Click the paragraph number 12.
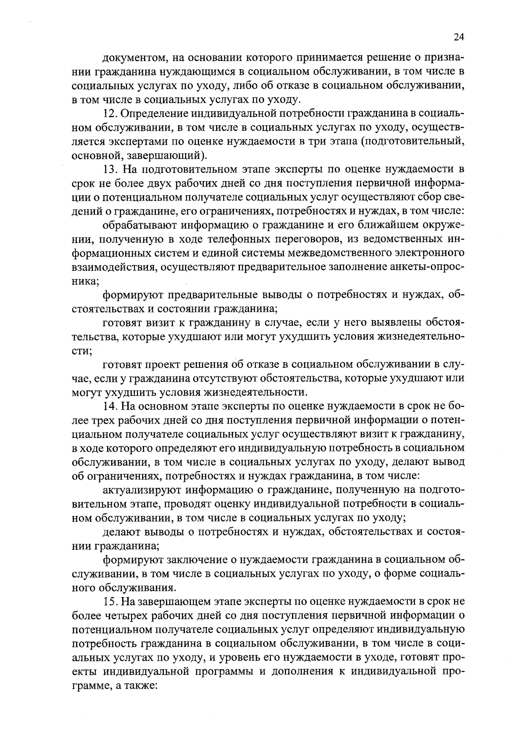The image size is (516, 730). click(x=109, y=113)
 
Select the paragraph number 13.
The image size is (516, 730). click(x=109, y=169)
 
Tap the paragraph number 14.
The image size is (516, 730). click(x=109, y=406)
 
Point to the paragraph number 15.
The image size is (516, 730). click(x=109, y=601)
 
